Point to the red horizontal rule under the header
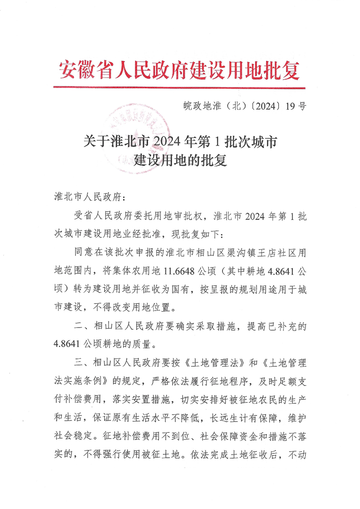[x=180, y=87]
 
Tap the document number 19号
[x=296, y=107]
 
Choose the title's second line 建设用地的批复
[x=180, y=161]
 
